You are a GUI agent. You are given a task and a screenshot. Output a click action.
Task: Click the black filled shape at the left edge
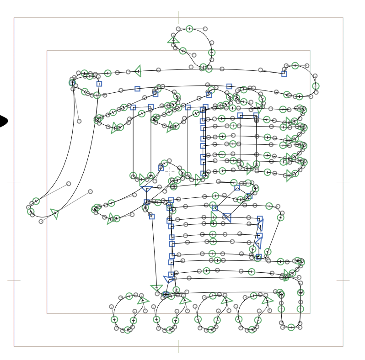point(3,121)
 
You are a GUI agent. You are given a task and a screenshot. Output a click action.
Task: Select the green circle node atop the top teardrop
point(189,29)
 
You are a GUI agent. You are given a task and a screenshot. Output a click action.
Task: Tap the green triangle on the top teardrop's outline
point(173,41)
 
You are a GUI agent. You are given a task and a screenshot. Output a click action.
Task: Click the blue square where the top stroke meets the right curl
point(284,74)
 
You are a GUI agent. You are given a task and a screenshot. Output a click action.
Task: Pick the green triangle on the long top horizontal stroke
point(138,71)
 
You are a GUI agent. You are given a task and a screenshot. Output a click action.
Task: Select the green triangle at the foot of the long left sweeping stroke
point(55,213)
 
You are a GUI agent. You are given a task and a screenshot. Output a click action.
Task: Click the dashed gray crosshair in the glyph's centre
point(170,171)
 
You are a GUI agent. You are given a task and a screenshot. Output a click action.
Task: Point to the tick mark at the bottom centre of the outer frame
point(178,346)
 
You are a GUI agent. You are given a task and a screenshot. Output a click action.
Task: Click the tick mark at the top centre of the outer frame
point(178,18)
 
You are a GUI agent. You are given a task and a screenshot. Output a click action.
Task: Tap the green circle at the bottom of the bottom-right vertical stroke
point(291,327)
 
